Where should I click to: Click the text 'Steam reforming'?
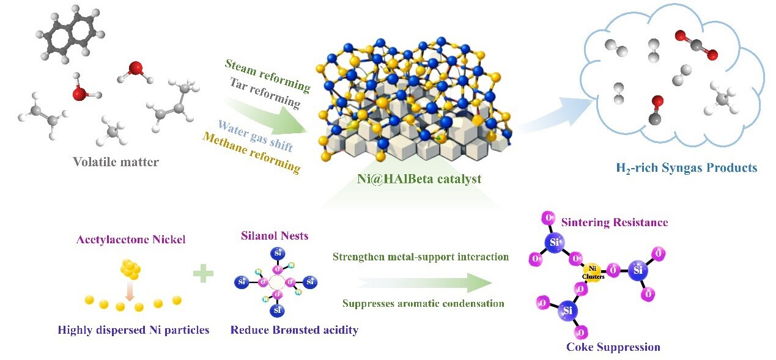click(x=267, y=76)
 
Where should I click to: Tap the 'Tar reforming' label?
click(x=265, y=93)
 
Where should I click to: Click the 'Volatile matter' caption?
click(x=116, y=162)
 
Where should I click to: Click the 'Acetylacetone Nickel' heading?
click(x=131, y=240)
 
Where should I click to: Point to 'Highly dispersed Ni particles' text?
click(x=133, y=330)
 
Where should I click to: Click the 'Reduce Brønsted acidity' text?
click(x=294, y=330)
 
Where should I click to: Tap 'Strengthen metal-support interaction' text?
click(x=421, y=257)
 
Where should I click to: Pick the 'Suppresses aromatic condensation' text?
click(x=423, y=303)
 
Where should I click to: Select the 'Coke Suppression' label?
click(x=613, y=347)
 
